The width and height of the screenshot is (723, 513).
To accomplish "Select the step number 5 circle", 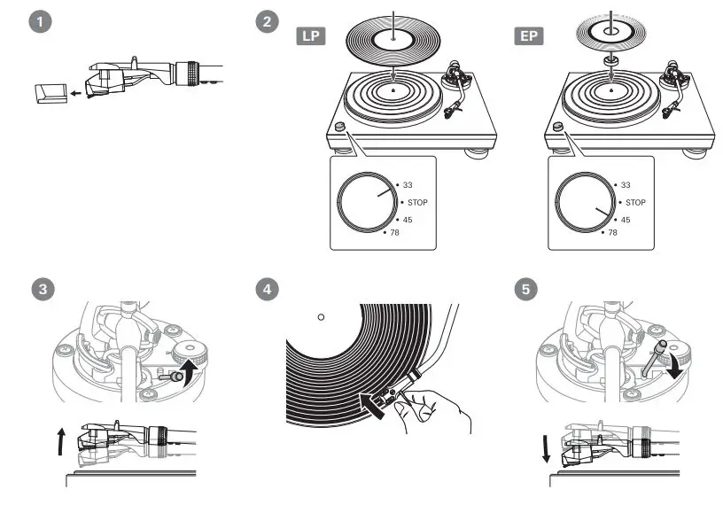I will coord(525,290).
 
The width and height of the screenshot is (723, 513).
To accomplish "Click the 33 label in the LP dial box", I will coord(408,185).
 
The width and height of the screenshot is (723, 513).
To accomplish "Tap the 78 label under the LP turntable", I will coord(395,233).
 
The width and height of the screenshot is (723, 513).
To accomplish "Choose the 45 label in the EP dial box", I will coord(626,219).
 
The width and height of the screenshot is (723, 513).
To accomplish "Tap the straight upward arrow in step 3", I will coord(60,439).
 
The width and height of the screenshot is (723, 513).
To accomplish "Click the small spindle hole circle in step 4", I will coord(321,316).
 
